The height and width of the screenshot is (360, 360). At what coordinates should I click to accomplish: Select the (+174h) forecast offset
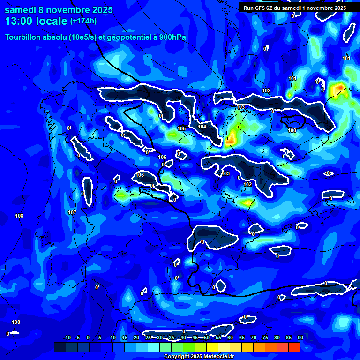point(83,21)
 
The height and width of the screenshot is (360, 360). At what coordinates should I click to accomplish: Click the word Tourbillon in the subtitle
point(24,37)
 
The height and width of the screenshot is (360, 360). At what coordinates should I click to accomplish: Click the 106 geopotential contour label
point(139,175)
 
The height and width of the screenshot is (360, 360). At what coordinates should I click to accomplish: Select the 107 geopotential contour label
point(72,212)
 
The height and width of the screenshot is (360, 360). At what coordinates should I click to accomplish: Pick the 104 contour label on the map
point(202,127)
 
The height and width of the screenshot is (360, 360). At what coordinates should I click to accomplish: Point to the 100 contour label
point(292,130)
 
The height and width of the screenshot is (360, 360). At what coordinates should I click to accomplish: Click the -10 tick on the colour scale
point(67,338)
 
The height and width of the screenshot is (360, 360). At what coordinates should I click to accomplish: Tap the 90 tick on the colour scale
point(300,338)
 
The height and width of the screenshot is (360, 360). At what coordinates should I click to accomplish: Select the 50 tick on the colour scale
point(206,338)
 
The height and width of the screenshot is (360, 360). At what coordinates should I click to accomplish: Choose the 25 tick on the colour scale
point(148,338)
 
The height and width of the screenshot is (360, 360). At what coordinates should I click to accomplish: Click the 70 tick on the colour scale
point(253,338)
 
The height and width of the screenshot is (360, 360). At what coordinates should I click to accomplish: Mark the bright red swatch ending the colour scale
point(294,347)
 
